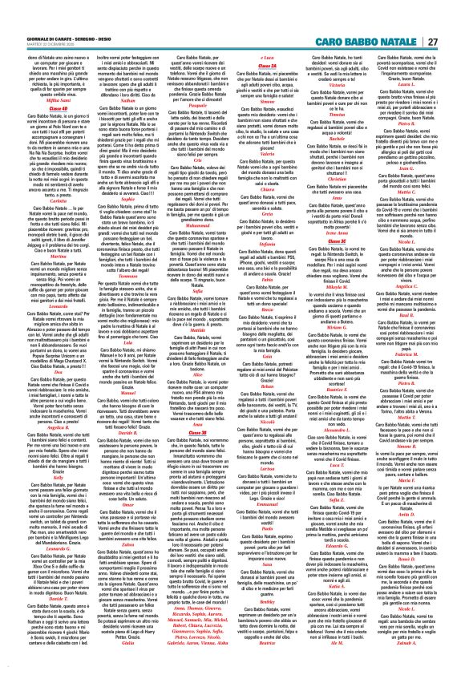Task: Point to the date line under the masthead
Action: pyautogui.click(x=40, y=22)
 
